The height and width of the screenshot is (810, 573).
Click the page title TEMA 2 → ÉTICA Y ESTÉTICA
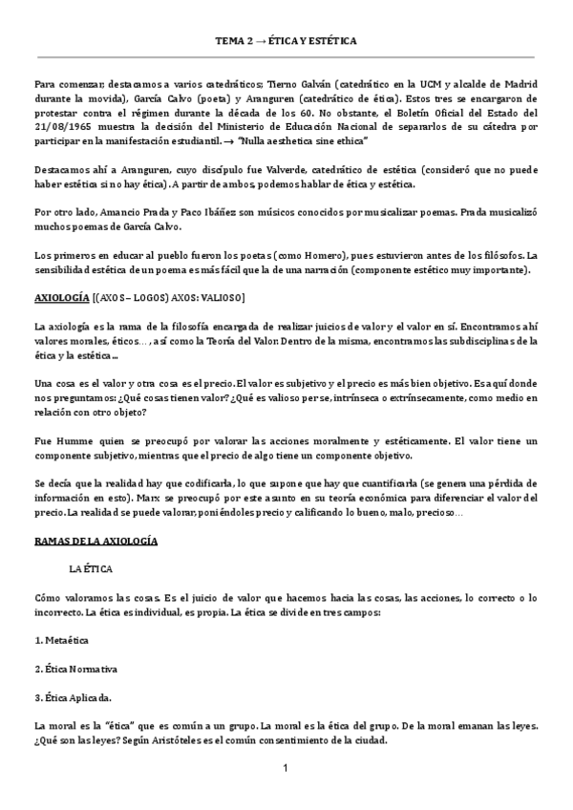tap(286, 42)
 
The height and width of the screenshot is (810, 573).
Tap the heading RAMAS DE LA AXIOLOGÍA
tap(95, 542)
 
